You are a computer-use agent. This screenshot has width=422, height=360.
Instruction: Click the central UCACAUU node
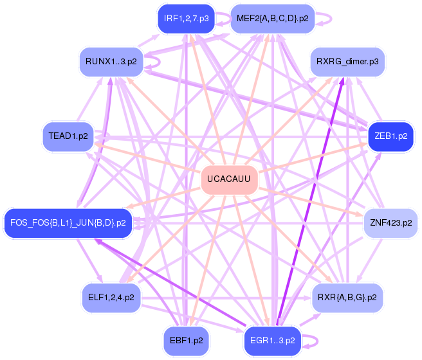(229, 179)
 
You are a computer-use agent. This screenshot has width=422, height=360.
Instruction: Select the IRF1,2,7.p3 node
(187, 19)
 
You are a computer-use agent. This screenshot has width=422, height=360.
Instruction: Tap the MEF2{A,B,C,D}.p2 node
(273, 19)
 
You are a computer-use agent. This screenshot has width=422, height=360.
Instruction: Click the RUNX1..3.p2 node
(111, 62)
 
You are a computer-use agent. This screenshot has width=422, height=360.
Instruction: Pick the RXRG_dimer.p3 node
(347, 62)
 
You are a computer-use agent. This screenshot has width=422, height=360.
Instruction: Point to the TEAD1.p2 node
(68, 136)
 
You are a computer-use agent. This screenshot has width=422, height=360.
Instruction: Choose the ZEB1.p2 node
(390, 136)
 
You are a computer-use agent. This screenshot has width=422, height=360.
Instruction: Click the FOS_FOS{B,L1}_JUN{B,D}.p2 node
(68, 223)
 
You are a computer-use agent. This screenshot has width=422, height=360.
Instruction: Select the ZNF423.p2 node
(390, 223)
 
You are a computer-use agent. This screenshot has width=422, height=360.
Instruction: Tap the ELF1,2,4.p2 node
(111, 298)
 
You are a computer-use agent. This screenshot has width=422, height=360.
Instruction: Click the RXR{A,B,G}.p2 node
(347, 298)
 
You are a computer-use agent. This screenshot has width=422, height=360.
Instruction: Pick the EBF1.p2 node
(187, 341)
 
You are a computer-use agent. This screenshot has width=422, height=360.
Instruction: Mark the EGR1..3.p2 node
(273, 341)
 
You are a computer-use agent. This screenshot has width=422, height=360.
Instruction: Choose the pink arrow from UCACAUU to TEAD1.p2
(148, 157)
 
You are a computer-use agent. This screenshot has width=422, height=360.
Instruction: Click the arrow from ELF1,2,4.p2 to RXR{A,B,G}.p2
(226, 298)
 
